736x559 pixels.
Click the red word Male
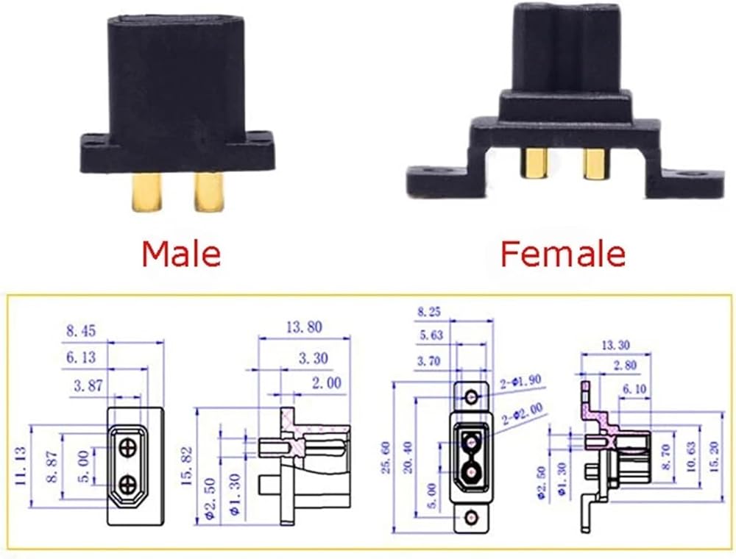click(x=181, y=254)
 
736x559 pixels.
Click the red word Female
click(x=563, y=254)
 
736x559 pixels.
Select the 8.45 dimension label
click(x=81, y=330)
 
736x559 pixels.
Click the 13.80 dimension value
click(x=304, y=327)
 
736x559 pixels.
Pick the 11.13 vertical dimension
click(x=21, y=466)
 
